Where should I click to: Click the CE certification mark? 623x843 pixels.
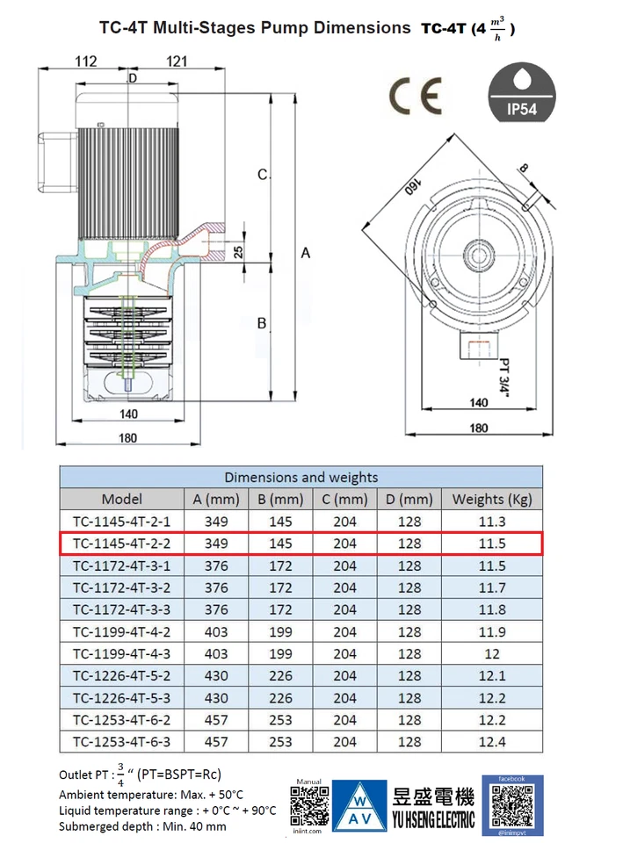(416, 97)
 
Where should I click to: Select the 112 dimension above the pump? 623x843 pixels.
(85, 61)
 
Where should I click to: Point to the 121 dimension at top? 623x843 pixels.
(177, 61)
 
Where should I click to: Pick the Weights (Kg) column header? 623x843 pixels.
(492, 500)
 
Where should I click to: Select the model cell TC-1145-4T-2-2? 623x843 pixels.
(121, 544)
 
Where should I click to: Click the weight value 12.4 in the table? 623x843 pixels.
(492, 742)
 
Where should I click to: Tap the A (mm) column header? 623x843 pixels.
(215, 500)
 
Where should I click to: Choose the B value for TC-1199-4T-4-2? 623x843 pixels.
(280, 631)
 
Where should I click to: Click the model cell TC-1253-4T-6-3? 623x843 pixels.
(121, 742)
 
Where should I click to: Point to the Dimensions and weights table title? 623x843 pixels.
(301, 478)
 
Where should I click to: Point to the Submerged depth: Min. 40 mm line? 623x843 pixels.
(142, 826)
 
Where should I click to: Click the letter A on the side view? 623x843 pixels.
(306, 253)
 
